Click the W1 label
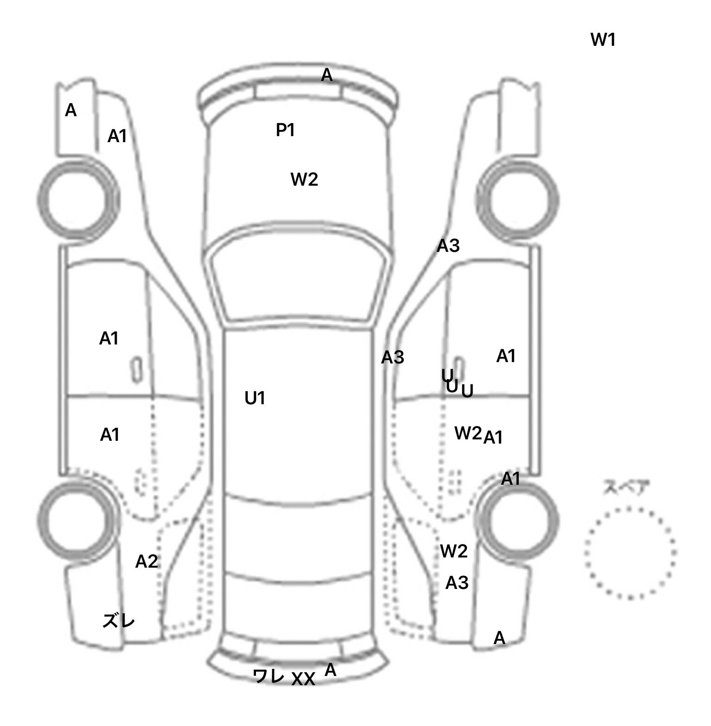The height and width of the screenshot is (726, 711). [x=603, y=40]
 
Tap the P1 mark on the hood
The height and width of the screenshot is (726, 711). [x=285, y=130]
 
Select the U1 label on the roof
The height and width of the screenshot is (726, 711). [x=255, y=398]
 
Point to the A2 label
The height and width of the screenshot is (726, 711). [x=146, y=562]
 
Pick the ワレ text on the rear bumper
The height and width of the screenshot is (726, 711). [x=268, y=676]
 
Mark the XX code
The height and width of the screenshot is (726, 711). [x=303, y=679]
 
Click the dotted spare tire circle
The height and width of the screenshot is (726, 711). [x=630, y=552]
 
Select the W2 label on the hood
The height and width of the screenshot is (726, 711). [x=304, y=179]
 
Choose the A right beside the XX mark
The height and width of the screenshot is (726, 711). [x=330, y=670]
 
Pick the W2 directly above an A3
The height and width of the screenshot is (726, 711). [x=454, y=551]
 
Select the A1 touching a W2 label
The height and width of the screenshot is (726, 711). [x=493, y=437]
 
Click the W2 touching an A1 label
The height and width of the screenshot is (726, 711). [x=468, y=433]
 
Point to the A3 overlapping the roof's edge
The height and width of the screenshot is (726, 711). [x=393, y=357]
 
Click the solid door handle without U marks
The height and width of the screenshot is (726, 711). [x=137, y=370]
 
